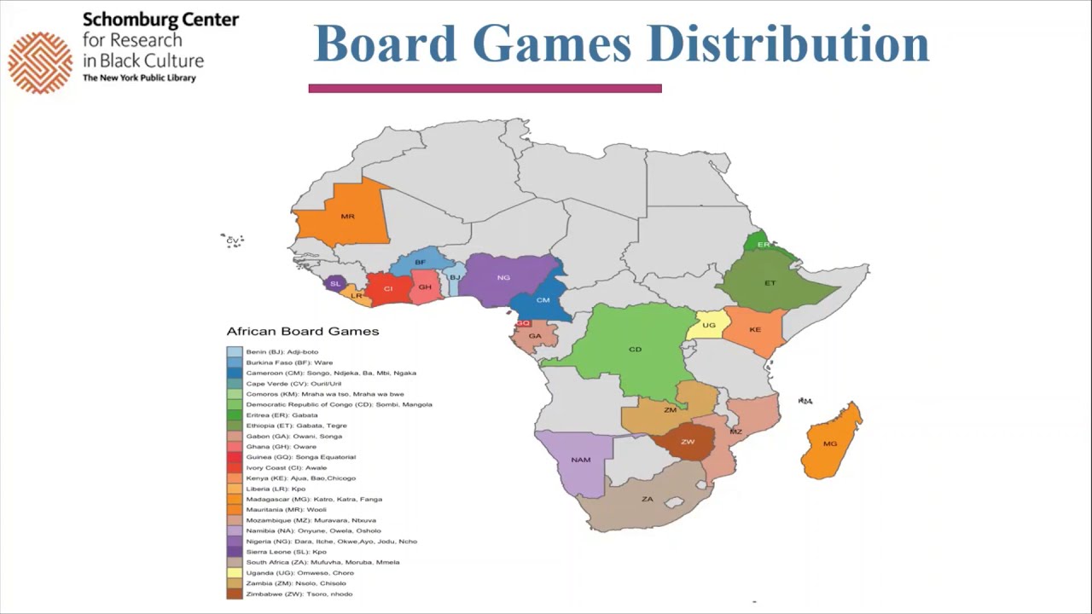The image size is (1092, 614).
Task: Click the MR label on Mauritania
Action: click(347, 217)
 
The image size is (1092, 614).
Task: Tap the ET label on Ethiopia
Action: click(770, 283)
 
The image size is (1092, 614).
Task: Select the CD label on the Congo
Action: click(635, 350)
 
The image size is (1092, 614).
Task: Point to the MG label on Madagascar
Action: click(830, 444)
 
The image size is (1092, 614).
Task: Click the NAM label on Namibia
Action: click(581, 460)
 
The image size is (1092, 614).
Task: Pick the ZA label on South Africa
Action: click(648, 499)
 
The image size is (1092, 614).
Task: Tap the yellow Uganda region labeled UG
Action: click(709, 326)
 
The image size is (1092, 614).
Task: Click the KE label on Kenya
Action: click(755, 330)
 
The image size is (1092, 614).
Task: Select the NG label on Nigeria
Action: click(503, 278)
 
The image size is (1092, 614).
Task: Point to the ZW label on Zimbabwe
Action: click(688, 443)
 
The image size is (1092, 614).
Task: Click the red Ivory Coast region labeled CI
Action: click(388, 289)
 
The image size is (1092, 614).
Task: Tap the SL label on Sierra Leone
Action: click(334, 284)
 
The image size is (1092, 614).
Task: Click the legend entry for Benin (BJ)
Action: click(282, 352)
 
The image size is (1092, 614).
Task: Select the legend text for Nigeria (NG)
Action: click(331, 542)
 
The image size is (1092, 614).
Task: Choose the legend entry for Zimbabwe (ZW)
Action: click(299, 594)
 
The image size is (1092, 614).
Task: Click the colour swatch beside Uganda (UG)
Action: click(234, 573)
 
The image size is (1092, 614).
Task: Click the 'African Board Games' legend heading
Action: click(302, 332)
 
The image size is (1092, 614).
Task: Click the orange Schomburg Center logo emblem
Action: click(40, 62)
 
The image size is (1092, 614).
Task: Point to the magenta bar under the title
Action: click(485, 88)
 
